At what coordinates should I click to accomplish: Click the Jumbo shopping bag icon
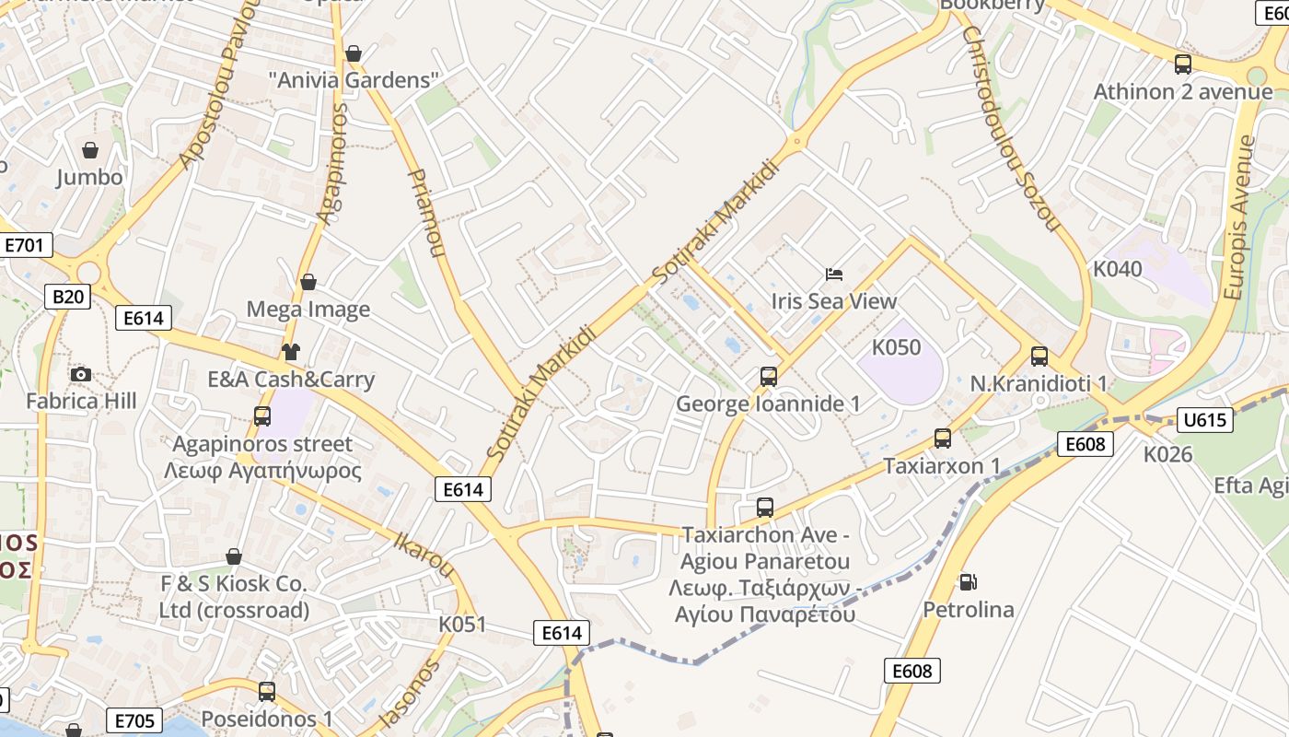(90, 149)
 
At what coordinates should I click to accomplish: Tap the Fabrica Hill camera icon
(81, 374)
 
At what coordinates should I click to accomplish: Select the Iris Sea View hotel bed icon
(834, 275)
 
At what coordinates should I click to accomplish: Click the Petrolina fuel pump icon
(968, 582)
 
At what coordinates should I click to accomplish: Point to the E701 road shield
(25, 245)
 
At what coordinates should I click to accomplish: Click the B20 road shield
(67, 296)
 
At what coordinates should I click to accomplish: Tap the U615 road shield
(1204, 420)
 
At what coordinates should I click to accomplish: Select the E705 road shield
(135, 719)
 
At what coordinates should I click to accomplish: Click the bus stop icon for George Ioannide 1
(769, 376)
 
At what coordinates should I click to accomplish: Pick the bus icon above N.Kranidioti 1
(1039, 356)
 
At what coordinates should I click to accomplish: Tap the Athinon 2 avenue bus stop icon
(1183, 64)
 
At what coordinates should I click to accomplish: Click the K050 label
(896, 347)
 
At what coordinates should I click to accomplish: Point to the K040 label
(1117, 269)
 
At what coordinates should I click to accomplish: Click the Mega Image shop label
(308, 310)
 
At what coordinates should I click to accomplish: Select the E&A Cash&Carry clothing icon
(291, 351)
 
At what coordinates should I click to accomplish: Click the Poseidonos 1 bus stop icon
(267, 691)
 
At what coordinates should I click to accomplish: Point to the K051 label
(461, 624)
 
